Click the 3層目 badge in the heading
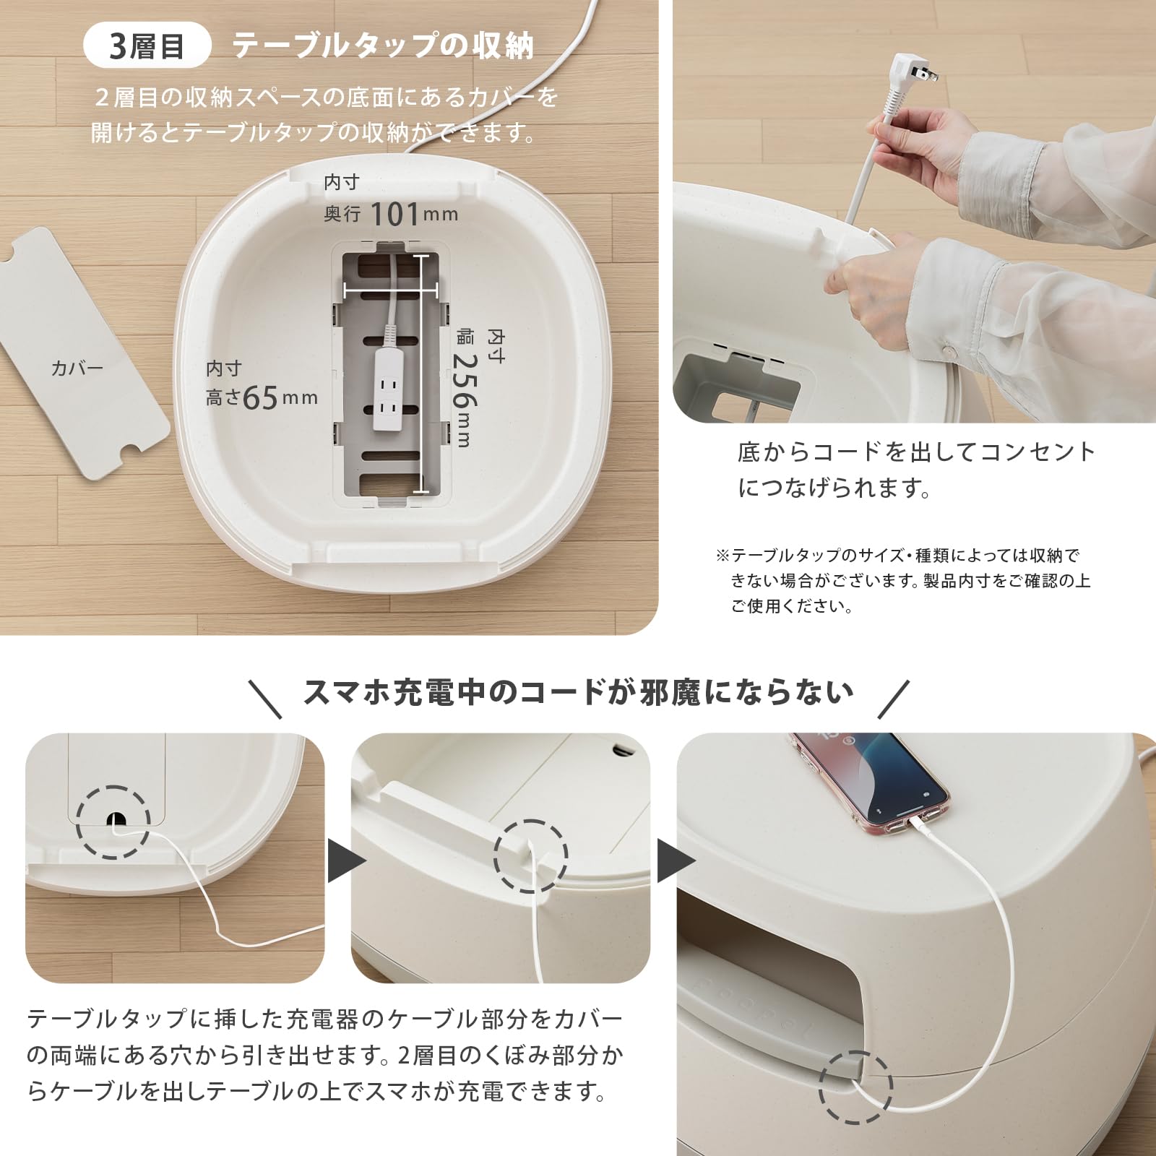click(147, 46)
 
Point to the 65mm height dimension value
click(260, 397)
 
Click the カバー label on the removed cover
click(77, 368)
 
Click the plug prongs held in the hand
click(927, 72)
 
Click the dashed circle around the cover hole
click(113, 822)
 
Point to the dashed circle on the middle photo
click(530, 856)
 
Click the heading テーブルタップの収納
click(383, 46)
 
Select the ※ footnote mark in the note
click(722, 556)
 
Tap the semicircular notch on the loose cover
click(131, 450)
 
